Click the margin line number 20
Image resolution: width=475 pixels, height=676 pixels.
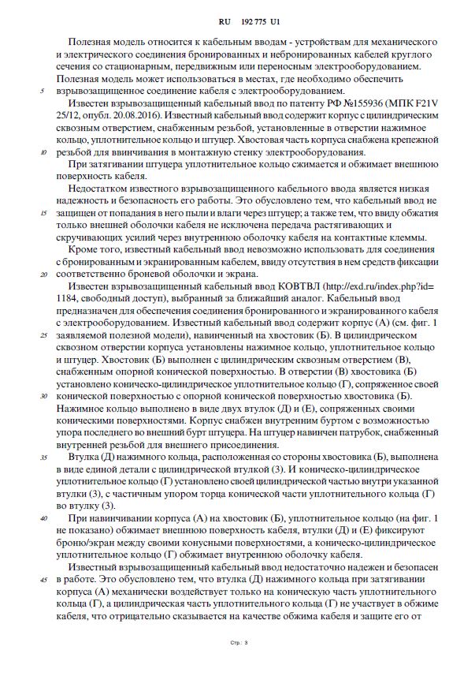point(43,275)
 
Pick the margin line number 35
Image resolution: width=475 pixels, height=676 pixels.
point(43,457)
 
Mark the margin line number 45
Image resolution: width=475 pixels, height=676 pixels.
point(43,579)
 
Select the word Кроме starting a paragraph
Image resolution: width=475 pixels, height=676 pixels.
point(86,250)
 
